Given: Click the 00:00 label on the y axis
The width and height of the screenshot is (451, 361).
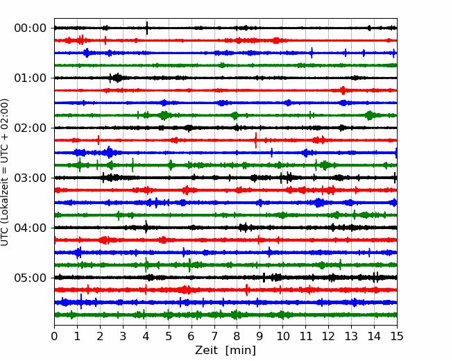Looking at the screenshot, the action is pyautogui.click(x=30, y=28).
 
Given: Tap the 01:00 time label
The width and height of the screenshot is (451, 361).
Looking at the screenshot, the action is pyautogui.click(x=30, y=78).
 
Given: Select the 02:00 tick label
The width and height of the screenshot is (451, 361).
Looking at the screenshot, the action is pyautogui.click(x=30, y=128).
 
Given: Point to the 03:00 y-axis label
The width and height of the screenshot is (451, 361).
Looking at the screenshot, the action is pyautogui.click(x=30, y=178).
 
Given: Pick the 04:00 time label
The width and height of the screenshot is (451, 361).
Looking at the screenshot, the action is pyautogui.click(x=30, y=228).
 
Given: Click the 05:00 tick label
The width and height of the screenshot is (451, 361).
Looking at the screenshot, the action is pyautogui.click(x=30, y=278).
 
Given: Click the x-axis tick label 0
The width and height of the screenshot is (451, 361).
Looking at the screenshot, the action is pyautogui.click(x=54, y=336).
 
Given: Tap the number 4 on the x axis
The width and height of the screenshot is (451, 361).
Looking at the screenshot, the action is pyautogui.click(x=146, y=336).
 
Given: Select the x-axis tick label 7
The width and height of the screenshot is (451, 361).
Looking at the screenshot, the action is pyautogui.click(x=214, y=336).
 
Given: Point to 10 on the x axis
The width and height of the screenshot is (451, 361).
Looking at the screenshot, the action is pyautogui.click(x=282, y=336).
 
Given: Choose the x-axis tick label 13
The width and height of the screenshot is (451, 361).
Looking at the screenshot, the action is pyautogui.click(x=351, y=336).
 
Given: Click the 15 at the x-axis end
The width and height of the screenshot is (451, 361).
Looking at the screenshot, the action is pyautogui.click(x=397, y=336).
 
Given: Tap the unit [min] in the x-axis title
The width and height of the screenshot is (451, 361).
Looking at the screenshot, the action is pyautogui.click(x=241, y=351).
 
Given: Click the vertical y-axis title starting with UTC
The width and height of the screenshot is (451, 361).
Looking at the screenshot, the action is pyautogui.click(x=4, y=172).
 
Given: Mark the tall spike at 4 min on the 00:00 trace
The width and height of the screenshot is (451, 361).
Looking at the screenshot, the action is pyautogui.click(x=147, y=28).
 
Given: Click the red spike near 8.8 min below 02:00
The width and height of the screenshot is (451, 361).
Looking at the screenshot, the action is pyautogui.click(x=256, y=140).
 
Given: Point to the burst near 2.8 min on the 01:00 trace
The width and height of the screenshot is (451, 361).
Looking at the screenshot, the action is pyautogui.click(x=117, y=78).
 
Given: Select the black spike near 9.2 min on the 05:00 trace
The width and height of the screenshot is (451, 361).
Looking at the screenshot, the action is pyautogui.click(x=264, y=278).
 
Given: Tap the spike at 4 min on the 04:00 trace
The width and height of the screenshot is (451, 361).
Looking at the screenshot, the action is pyautogui.click(x=146, y=227).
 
